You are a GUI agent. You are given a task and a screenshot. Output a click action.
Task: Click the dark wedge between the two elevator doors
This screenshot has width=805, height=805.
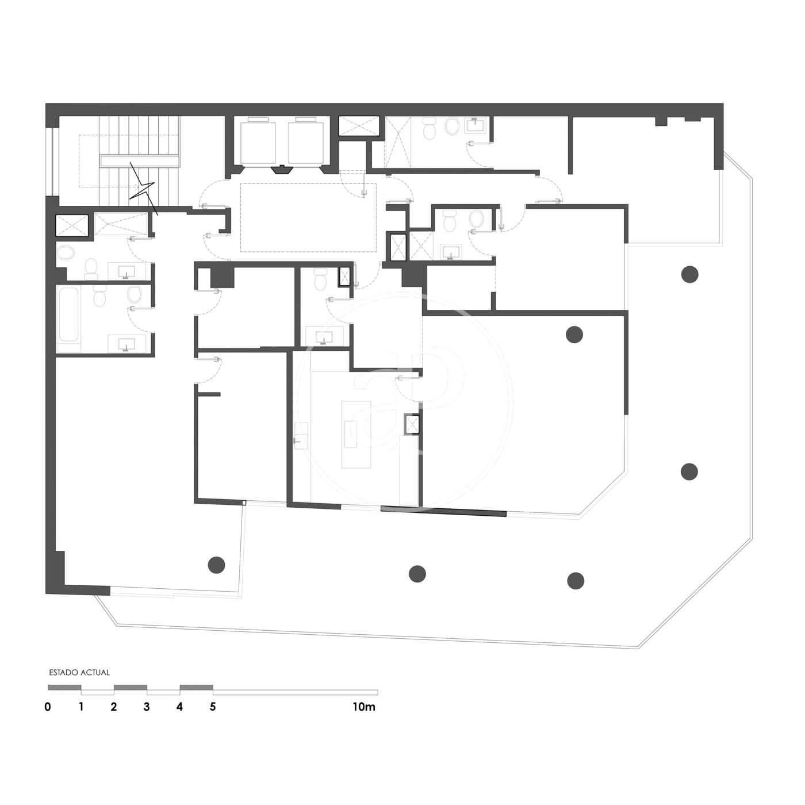coord(282,170)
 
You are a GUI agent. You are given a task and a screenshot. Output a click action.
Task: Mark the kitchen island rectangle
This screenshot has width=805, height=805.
coord(356,435)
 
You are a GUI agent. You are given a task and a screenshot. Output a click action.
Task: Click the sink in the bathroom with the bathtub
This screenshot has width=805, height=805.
coord(126,344)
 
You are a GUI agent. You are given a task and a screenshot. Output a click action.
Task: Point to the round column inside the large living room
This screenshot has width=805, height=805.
coord(574,335)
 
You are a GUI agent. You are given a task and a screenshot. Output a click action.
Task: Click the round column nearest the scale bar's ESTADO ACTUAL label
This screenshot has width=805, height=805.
coord(216,565)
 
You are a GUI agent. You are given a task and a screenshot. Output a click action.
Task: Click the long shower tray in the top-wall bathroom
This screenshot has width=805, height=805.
coord(398,142)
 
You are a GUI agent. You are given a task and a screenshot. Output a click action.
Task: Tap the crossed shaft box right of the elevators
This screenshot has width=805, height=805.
coord(358,126)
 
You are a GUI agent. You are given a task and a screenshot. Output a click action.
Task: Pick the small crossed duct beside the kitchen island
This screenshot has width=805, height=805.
coord(412,424)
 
